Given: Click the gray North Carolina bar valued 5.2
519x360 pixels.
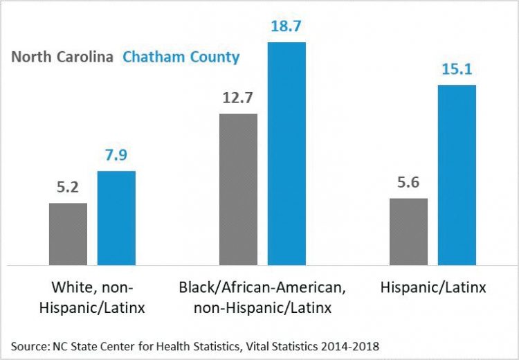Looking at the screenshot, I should pos(68,234).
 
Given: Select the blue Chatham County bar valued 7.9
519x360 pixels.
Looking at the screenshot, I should pos(116,217).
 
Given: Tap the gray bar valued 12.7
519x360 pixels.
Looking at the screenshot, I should pos(238,189).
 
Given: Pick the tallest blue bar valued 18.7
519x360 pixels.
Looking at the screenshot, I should pos(286,153).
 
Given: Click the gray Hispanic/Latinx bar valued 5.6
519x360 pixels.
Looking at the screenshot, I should pos(408,231).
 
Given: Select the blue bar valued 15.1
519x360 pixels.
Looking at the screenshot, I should pos(457,174).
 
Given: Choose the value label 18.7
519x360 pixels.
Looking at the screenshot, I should pos(286,28).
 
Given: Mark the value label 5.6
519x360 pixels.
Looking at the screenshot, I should pos(408,183).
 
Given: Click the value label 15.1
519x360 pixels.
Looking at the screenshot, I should pos(457,71).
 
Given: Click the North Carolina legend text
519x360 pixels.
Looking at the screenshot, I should pos(62,57).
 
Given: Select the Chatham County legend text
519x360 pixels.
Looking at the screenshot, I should pos(181,57).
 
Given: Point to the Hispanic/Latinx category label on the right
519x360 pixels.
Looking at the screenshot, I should pos(432,288).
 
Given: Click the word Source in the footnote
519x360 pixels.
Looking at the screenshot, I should pos(28,345).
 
